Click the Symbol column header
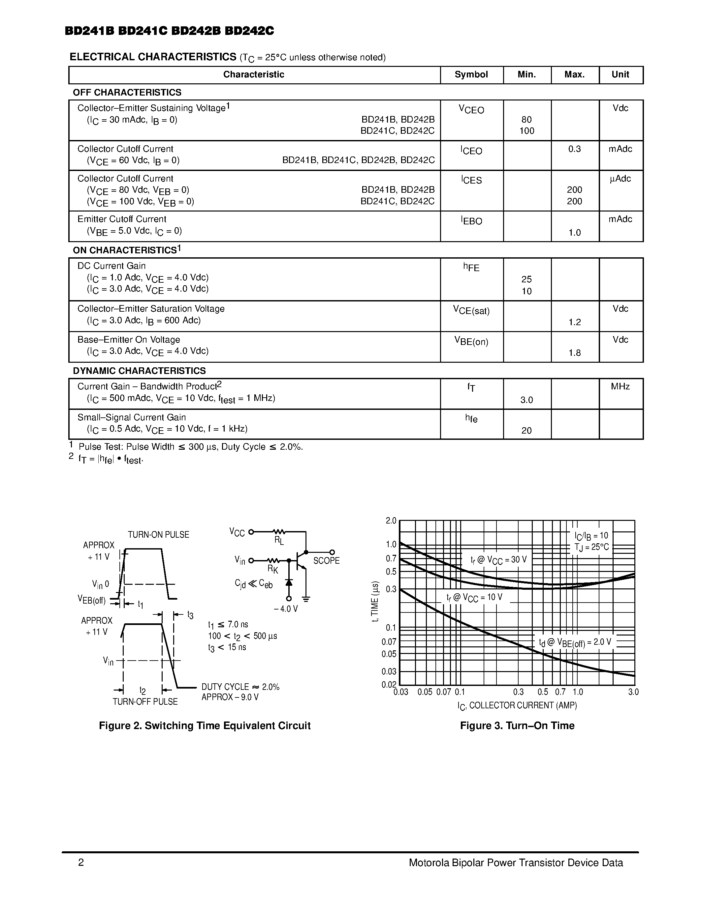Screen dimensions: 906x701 pos(471,75)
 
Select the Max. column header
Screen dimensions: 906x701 pos(574,75)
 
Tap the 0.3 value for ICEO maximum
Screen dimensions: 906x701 pos(574,149)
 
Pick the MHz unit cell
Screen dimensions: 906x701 pos(620,387)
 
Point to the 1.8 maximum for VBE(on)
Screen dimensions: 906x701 pos(574,353)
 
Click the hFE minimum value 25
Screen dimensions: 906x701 pos(526,279)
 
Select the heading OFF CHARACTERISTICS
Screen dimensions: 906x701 pos(127,92)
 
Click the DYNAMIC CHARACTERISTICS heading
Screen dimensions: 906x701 pos(139,370)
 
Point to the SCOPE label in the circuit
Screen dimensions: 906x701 pos(326,561)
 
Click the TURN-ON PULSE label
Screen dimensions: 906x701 pos(158,535)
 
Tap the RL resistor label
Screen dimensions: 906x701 pos(279,541)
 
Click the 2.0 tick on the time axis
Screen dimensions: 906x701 pos(391,521)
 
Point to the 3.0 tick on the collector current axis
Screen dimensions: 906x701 pos(633,692)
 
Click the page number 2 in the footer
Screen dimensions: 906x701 pos(81,863)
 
